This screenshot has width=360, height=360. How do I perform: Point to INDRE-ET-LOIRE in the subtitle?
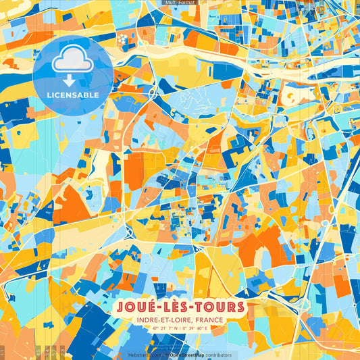(x=161, y=321)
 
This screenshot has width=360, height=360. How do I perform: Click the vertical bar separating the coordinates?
(x=180, y=329)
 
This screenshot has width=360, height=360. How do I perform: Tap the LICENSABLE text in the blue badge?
(x=73, y=95)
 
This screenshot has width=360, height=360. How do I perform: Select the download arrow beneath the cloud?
(x=73, y=80)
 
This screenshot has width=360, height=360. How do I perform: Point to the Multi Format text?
(x=180, y=3)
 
